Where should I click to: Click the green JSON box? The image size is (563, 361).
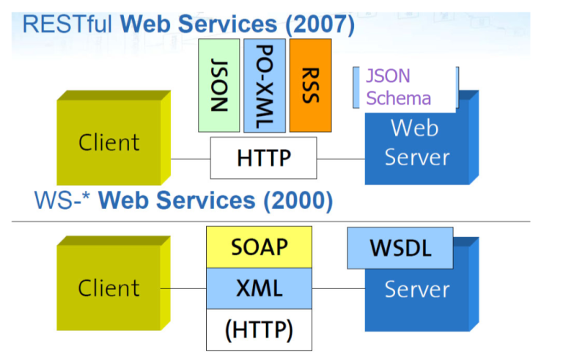tap(219, 86)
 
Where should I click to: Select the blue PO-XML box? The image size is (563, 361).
tap(265, 86)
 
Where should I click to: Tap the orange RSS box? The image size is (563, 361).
tap(311, 86)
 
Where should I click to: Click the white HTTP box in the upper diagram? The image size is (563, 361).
tap(264, 158)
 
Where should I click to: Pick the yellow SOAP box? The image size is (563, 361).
tap(260, 247)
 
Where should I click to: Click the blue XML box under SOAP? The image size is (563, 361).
tap(260, 288)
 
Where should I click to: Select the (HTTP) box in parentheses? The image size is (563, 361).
tap(260, 329)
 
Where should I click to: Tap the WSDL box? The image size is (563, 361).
tap(400, 248)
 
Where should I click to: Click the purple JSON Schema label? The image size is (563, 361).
tap(398, 87)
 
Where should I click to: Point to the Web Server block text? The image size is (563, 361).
tap(416, 142)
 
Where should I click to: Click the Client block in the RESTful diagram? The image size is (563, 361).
tap(114, 138)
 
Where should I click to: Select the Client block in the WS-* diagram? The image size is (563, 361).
tap(114, 283)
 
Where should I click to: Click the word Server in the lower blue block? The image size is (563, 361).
tap(417, 289)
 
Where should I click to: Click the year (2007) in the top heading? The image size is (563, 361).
tap(320, 24)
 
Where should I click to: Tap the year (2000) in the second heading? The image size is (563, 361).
tap(298, 200)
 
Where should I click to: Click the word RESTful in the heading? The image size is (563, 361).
tap(67, 23)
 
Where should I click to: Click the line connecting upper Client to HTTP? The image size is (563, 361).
tap(191, 158)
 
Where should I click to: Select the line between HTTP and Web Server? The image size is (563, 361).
tap(341, 158)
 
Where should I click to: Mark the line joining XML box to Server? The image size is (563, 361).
tap(339, 288)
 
